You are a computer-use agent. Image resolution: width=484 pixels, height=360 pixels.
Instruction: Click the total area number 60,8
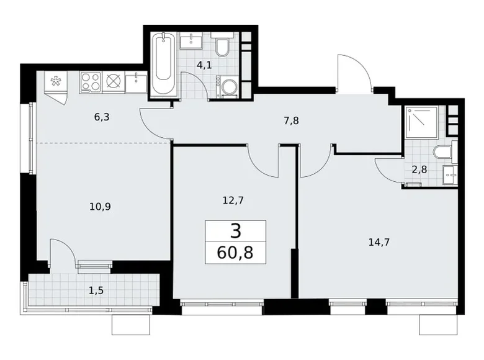point(236,252)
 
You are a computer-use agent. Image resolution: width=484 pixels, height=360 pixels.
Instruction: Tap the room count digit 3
point(236,232)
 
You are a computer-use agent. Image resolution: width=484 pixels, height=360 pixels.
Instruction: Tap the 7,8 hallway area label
point(291,121)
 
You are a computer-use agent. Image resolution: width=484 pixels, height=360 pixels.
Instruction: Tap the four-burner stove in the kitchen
point(91,83)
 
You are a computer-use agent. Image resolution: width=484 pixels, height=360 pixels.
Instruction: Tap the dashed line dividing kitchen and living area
point(103,143)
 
